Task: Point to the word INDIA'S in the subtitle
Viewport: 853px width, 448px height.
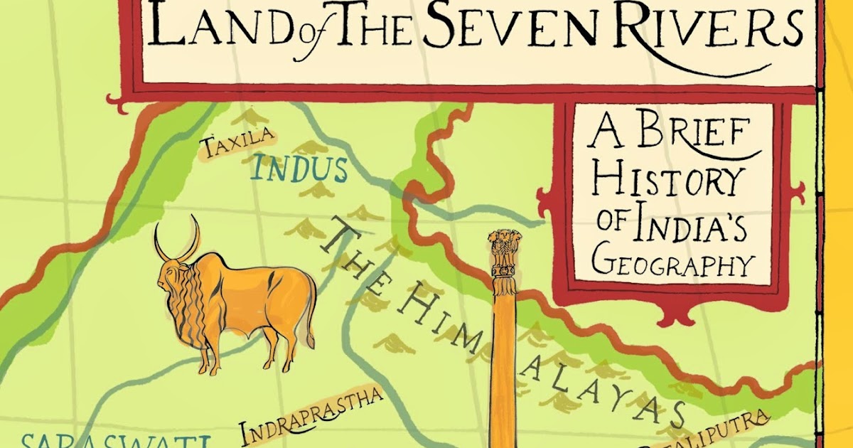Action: (693, 223)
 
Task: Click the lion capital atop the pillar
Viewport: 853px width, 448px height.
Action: (505, 252)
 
